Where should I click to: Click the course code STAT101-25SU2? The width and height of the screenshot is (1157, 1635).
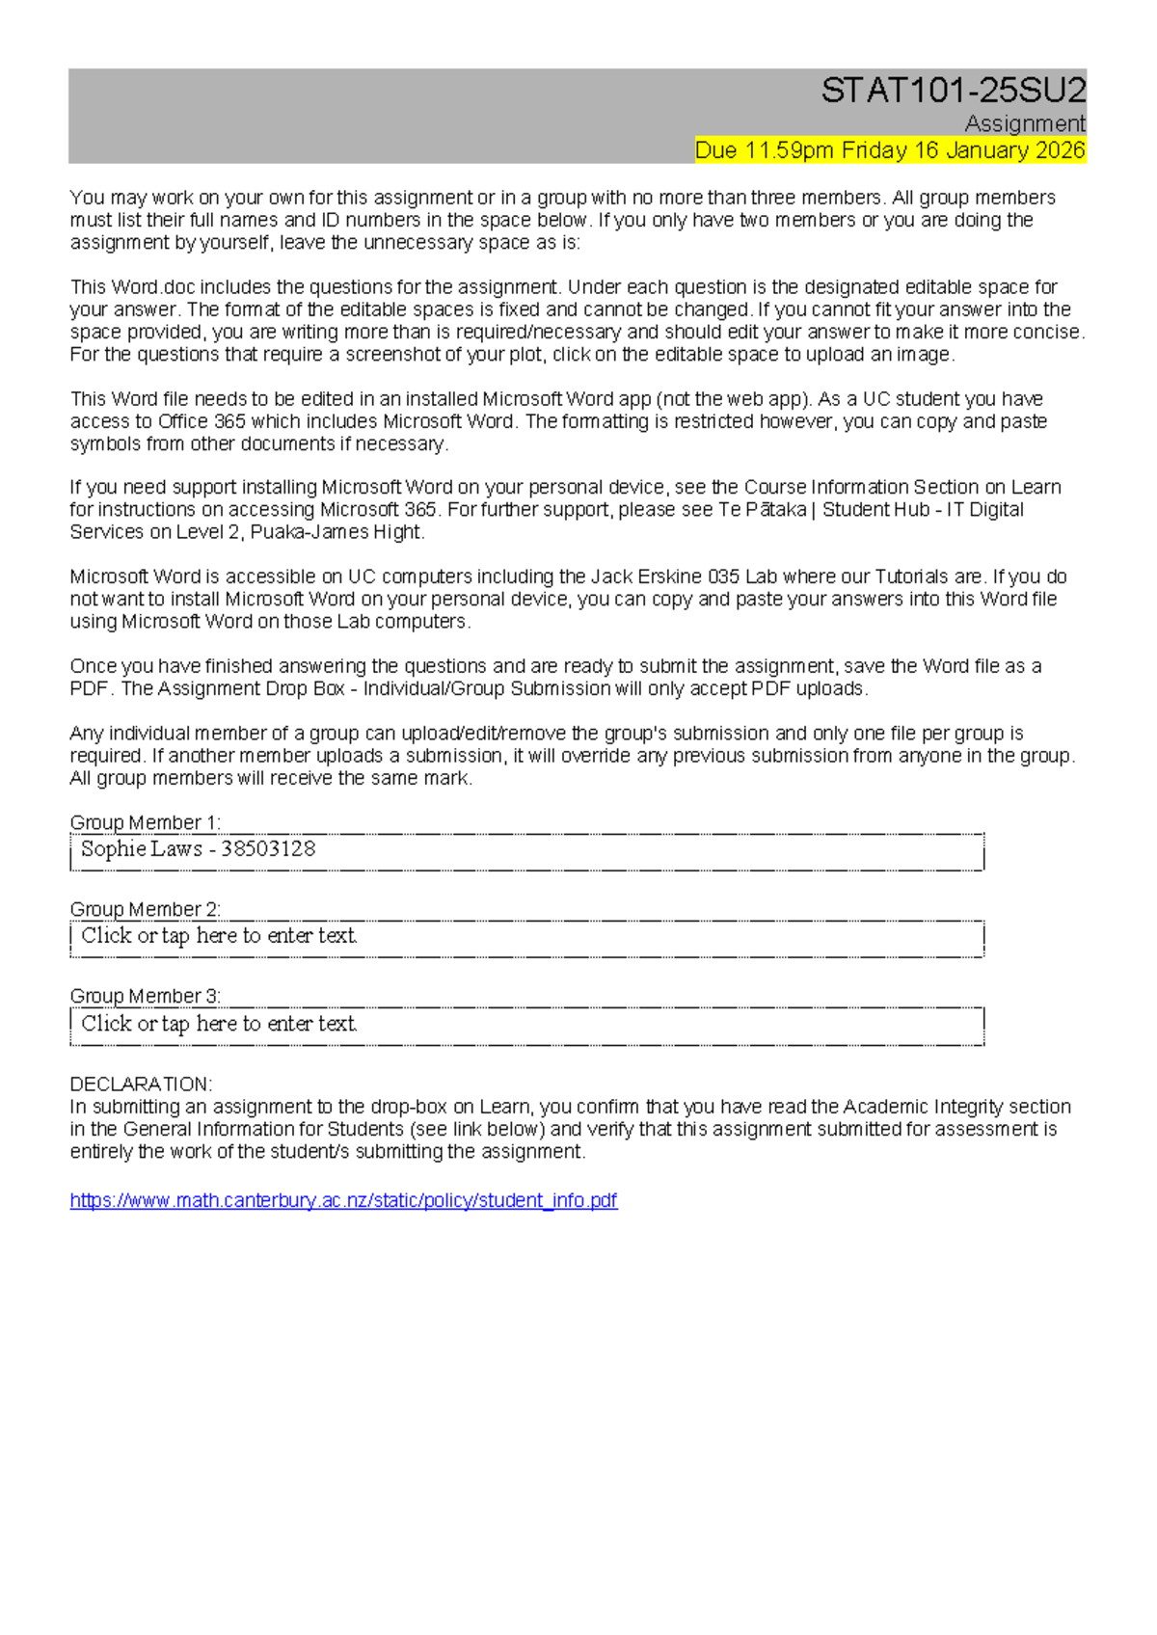(953, 91)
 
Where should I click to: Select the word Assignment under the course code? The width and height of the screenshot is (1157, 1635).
(1024, 123)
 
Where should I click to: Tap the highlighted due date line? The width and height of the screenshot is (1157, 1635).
(889, 150)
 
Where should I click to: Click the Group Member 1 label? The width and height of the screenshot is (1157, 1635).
(145, 822)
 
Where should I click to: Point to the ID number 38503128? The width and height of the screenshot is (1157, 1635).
(268, 849)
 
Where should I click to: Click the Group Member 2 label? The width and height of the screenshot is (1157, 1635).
(145, 909)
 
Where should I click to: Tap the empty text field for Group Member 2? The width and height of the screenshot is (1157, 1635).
(526, 936)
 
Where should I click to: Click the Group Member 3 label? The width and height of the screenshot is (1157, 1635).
(145, 996)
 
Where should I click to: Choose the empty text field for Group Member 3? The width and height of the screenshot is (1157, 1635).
(526, 1024)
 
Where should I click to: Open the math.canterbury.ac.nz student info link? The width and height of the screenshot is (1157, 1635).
(343, 1200)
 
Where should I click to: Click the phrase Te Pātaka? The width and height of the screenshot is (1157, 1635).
(762, 509)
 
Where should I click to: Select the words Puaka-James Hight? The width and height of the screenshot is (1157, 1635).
(336, 532)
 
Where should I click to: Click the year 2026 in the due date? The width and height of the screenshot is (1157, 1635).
(1059, 150)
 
